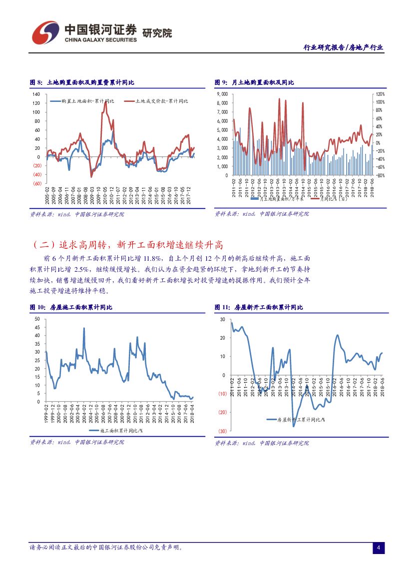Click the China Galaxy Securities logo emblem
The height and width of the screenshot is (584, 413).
(45, 32)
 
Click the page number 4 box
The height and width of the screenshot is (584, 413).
(379, 548)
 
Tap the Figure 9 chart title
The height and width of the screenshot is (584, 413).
(254, 82)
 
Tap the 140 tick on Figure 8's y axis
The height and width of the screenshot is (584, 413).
(36, 94)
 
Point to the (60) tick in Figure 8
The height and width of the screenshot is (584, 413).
(36, 184)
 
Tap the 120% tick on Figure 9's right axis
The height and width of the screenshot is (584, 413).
(381, 94)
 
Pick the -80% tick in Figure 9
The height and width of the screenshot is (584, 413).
(381, 175)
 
